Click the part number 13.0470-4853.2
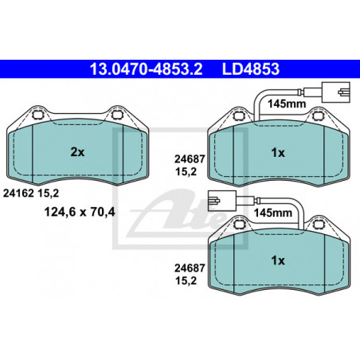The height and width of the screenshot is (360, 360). pyautogui.click(x=146, y=69)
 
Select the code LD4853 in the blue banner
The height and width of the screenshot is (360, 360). pyautogui.click(x=251, y=69)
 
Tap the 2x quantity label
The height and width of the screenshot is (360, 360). pyautogui.click(x=77, y=152)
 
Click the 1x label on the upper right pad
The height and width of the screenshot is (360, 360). pyautogui.click(x=278, y=153)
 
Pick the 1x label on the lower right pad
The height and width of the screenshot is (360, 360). pyautogui.click(x=278, y=260)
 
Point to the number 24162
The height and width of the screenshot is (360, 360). pyautogui.click(x=18, y=193)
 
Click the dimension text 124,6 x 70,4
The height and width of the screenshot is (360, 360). pyautogui.click(x=80, y=212)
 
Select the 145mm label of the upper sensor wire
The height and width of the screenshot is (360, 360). pyautogui.click(x=287, y=104)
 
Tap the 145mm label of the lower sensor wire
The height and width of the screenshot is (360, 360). pyautogui.click(x=273, y=213)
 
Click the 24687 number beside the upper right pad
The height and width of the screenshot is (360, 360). pyautogui.click(x=190, y=159)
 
